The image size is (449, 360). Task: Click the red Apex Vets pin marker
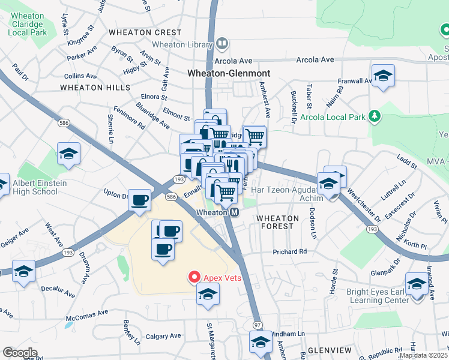(x=194, y=277)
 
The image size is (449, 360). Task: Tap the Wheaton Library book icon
(x=222, y=44)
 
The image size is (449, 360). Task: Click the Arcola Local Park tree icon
(x=374, y=115)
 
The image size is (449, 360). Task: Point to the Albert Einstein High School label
(x=29, y=187)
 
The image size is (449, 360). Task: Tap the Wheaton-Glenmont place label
(x=229, y=73)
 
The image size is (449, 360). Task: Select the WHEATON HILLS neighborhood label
(x=95, y=88)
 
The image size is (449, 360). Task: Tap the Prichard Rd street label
(x=291, y=251)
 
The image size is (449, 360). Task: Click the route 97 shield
(x=258, y=325)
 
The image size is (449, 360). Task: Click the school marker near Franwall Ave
(x=382, y=76)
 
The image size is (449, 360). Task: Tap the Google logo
(x=20, y=353)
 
